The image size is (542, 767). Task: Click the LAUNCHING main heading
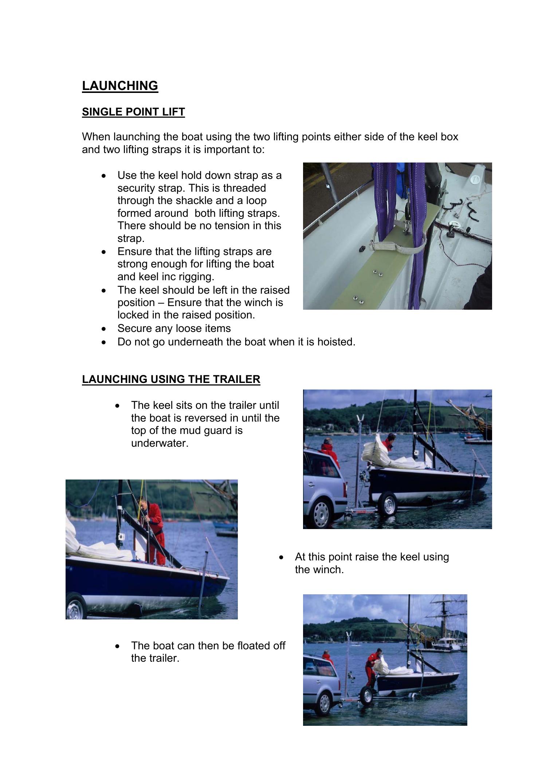tap(120, 86)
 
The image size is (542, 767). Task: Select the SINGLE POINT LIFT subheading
tap(133, 112)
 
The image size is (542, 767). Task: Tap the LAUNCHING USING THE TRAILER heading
tap(171, 379)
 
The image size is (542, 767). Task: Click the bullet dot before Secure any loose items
tap(105, 329)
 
